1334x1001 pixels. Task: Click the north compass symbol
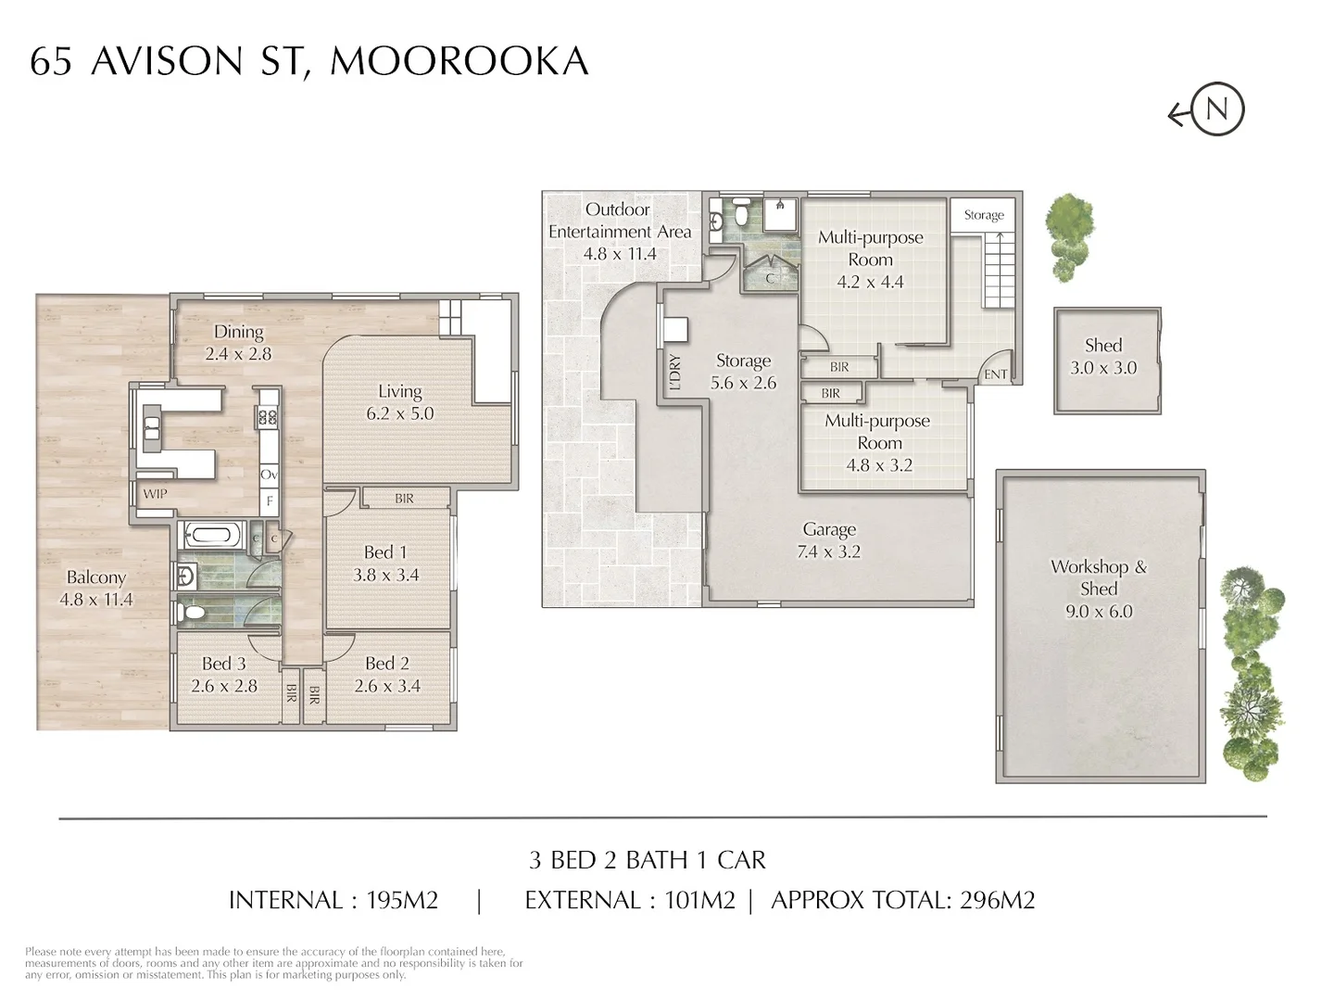(x=1215, y=110)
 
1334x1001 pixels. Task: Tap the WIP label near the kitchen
(x=155, y=494)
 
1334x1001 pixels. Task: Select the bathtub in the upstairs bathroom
(x=213, y=535)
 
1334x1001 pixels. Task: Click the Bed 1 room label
(x=385, y=552)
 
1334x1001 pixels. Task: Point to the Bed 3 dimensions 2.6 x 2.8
(x=224, y=686)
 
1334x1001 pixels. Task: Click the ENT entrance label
(x=996, y=374)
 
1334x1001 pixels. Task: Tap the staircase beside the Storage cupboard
(x=999, y=270)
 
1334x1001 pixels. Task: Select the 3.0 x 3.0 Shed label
(x=1103, y=357)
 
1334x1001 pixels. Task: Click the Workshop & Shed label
(x=1099, y=577)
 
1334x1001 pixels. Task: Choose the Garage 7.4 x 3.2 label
(x=830, y=540)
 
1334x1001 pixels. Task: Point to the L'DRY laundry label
(x=674, y=372)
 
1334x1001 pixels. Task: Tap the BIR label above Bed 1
(x=404, y=499)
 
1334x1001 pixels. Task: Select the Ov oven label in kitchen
(x=269, y=475)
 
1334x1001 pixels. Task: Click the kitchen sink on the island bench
(x=152, y=427)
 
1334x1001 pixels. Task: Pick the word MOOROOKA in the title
(x=459, y=61)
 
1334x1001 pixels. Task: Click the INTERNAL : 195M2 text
(x=333, y=900)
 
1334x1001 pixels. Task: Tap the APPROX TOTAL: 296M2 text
(x=902, y=900)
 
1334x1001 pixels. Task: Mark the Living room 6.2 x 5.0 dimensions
(x=400, y=413)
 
